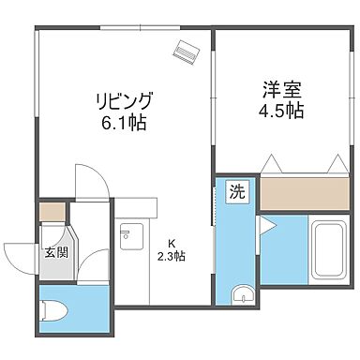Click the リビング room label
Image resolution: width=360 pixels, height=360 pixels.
123,100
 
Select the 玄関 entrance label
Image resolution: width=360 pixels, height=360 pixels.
55,251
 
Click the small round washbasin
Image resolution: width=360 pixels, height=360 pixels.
242,295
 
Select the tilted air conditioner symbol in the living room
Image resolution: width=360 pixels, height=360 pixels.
184,52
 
